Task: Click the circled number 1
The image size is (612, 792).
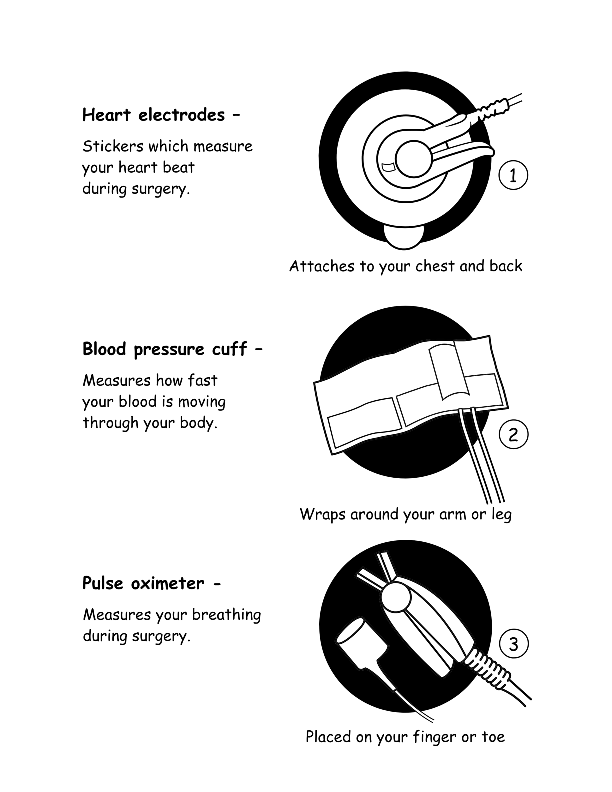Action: coord(513,175)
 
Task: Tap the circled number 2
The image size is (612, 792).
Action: coord(513,434)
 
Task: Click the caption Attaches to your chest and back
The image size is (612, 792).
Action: coord(406,266)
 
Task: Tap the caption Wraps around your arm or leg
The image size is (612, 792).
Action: coord(406,514)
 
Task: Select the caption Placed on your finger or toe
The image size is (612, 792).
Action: coord(405,737)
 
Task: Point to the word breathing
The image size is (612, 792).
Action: coord(226,615)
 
